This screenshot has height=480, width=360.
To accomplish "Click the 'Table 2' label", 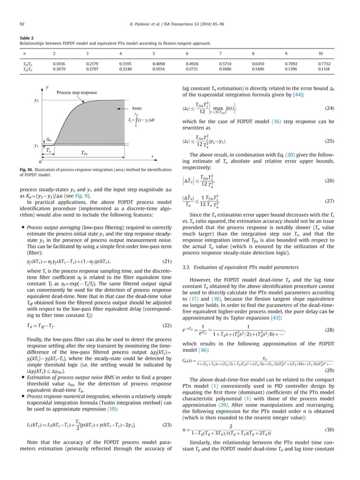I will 25,36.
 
